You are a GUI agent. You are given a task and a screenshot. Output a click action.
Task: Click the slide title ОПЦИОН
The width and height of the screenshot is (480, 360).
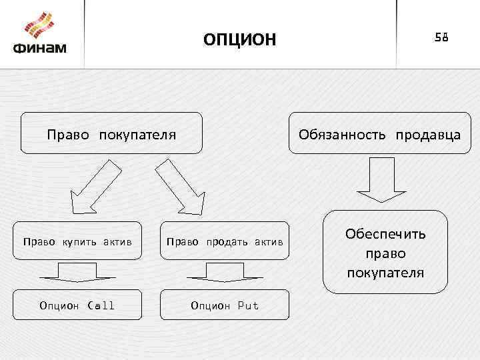click(x=239, y=40)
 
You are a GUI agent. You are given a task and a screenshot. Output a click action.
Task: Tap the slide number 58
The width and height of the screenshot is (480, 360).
click(x=442, y=37)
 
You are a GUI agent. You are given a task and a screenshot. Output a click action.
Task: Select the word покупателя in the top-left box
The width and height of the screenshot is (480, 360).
click(x=138, y=135)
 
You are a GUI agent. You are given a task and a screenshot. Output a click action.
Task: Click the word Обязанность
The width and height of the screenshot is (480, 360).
click(x=342, y=135)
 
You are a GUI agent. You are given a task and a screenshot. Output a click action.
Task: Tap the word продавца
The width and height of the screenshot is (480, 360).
click(x=427, y=135)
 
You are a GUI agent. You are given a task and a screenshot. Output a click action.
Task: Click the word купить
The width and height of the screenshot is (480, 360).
click(x=79, y=241)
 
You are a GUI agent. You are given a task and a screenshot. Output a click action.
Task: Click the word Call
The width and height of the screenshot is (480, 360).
click(x=101, y=305)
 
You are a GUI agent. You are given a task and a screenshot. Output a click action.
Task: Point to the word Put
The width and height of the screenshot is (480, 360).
click(x=248, y=305)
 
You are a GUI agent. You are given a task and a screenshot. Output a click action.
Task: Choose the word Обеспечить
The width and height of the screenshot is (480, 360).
click(x=385, y=235)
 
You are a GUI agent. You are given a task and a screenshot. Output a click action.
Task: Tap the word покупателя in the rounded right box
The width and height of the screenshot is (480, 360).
click(x=385, y=273)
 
